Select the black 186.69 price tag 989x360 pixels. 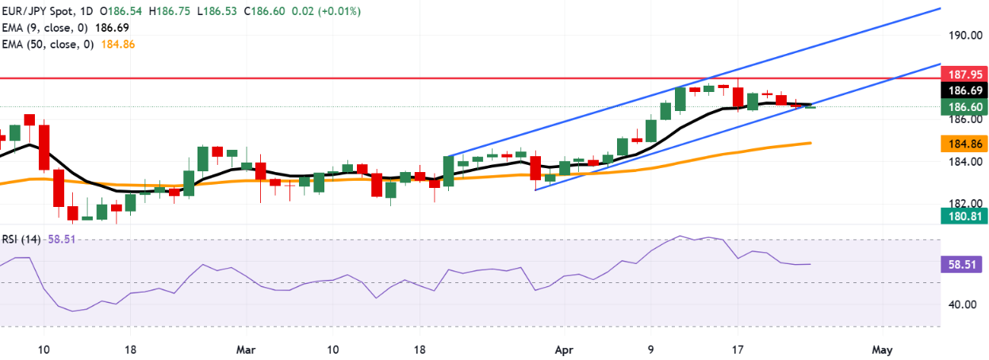point(960,90)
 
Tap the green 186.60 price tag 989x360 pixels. point(960,106)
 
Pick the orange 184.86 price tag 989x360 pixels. point(960,144)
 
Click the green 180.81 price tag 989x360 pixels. point(960,215)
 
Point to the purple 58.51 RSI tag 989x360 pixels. point(960,266)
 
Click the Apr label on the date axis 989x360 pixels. point(563,349)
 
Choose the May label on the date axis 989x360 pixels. point(882,349)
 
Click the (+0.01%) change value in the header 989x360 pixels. point(337,12)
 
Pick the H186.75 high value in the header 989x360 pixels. point(174,12)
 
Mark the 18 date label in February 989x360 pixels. point(132,349)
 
